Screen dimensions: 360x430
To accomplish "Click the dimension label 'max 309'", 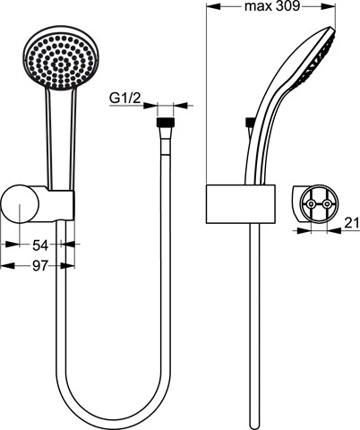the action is point(271,6).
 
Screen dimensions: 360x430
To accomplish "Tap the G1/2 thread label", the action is point(125,99).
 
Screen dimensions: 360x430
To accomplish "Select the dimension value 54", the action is point(40,245).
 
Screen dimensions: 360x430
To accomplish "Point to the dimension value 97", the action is point(40,266).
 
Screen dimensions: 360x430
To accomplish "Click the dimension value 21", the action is point(352,223).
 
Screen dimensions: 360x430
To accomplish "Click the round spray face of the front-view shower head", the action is point(60,60).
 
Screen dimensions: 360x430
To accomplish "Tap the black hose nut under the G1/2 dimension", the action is point(165,123).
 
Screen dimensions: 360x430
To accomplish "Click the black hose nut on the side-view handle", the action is point(250,123).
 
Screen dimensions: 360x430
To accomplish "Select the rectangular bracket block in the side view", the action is point(240,204).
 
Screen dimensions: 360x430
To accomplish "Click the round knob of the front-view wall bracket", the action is point(20,204).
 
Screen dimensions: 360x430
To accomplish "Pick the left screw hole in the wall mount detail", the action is point(311,204).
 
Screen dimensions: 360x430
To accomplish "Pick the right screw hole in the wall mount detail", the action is point(327,204).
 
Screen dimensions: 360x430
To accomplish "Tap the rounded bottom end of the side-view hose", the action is point(254,425).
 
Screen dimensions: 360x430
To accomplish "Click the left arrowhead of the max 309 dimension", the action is point(213,5).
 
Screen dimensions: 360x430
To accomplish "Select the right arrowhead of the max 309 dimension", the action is point(329,5).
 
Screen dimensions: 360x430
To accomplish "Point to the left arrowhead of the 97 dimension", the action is point(8,265).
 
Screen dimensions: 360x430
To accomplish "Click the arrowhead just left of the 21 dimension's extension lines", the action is point(304,230).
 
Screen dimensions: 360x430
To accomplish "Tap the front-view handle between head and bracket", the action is point(61,137).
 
